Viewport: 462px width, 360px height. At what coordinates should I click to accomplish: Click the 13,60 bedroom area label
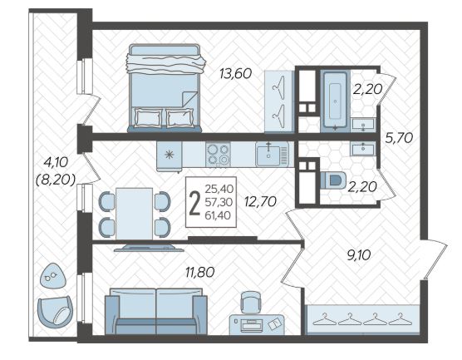coord(236,73)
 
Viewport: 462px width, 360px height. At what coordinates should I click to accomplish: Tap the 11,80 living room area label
coord(200,272)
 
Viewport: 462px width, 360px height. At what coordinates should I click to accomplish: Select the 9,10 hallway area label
coord(359,255)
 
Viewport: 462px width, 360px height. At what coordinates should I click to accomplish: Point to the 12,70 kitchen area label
coord(260,202)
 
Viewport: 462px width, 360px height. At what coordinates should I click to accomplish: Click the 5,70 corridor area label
coord(399,138)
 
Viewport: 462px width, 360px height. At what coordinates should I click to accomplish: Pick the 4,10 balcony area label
coord(56,162)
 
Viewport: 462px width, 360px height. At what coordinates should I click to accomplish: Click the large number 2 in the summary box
coord(194,203)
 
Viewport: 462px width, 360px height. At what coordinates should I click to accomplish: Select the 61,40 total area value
coord(218,215)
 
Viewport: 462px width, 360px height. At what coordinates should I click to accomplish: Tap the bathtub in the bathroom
coord(336,100)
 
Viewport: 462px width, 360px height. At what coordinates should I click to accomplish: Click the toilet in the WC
coord(333,180)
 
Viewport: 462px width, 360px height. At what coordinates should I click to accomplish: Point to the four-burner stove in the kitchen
coord(218,155)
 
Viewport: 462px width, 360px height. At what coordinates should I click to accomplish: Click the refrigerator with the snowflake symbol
coord(169,155)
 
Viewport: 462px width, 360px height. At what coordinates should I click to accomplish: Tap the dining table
coord(134,214)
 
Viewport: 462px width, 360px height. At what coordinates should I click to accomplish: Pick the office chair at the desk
coord(251,302)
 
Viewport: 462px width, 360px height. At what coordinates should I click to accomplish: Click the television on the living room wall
coord(149,248)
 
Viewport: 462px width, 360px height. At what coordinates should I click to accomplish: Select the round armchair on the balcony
coord(55,311)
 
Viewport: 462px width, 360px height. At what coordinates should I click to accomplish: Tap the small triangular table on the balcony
coord(52,276)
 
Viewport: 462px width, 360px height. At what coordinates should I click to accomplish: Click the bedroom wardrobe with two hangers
coord(279,101)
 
